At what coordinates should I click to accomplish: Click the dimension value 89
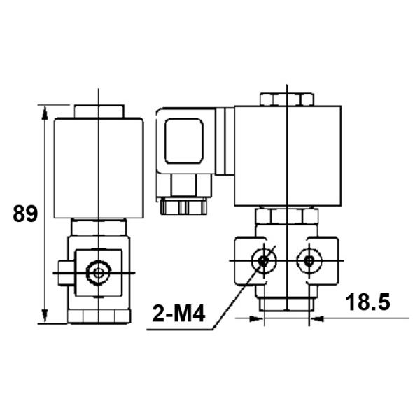click(25, 213)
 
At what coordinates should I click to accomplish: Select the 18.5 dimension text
click(367, 302)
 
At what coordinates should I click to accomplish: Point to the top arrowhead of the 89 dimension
click(45, 111)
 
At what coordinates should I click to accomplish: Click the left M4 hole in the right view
click(264, 261)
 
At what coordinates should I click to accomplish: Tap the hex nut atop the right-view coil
click(286, 99)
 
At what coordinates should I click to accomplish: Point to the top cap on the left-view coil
click(99, 112)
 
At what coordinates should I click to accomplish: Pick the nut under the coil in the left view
click(99, 227)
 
